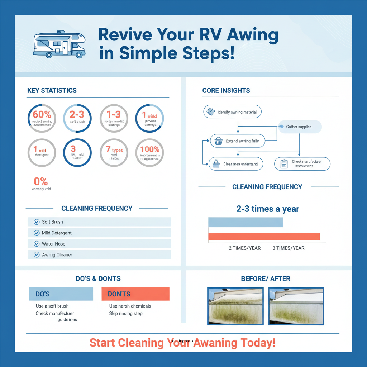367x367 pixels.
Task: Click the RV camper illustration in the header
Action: [59, 45]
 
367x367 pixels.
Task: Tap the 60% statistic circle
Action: [42, 119]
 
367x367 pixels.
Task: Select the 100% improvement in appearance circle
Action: [150, 153]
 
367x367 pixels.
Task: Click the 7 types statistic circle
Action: [114, 153]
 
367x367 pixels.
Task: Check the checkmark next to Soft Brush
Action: [36, 222]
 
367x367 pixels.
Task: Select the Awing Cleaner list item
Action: [99, 255]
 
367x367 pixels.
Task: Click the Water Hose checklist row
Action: [99, 244]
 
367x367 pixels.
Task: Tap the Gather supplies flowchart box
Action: [300, 127]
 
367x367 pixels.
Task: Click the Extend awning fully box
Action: [237, 141]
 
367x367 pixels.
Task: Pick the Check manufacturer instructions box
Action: [302, 164]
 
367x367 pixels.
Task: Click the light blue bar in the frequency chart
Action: [246, 222]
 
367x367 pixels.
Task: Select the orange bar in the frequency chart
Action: [264, 237]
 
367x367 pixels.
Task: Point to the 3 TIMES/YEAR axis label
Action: [288, 248]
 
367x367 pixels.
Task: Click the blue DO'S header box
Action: [61, 294]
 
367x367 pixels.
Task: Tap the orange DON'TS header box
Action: [135, 294]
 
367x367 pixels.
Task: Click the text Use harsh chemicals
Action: [130, 306]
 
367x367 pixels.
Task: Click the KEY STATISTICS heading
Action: [52, 91]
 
